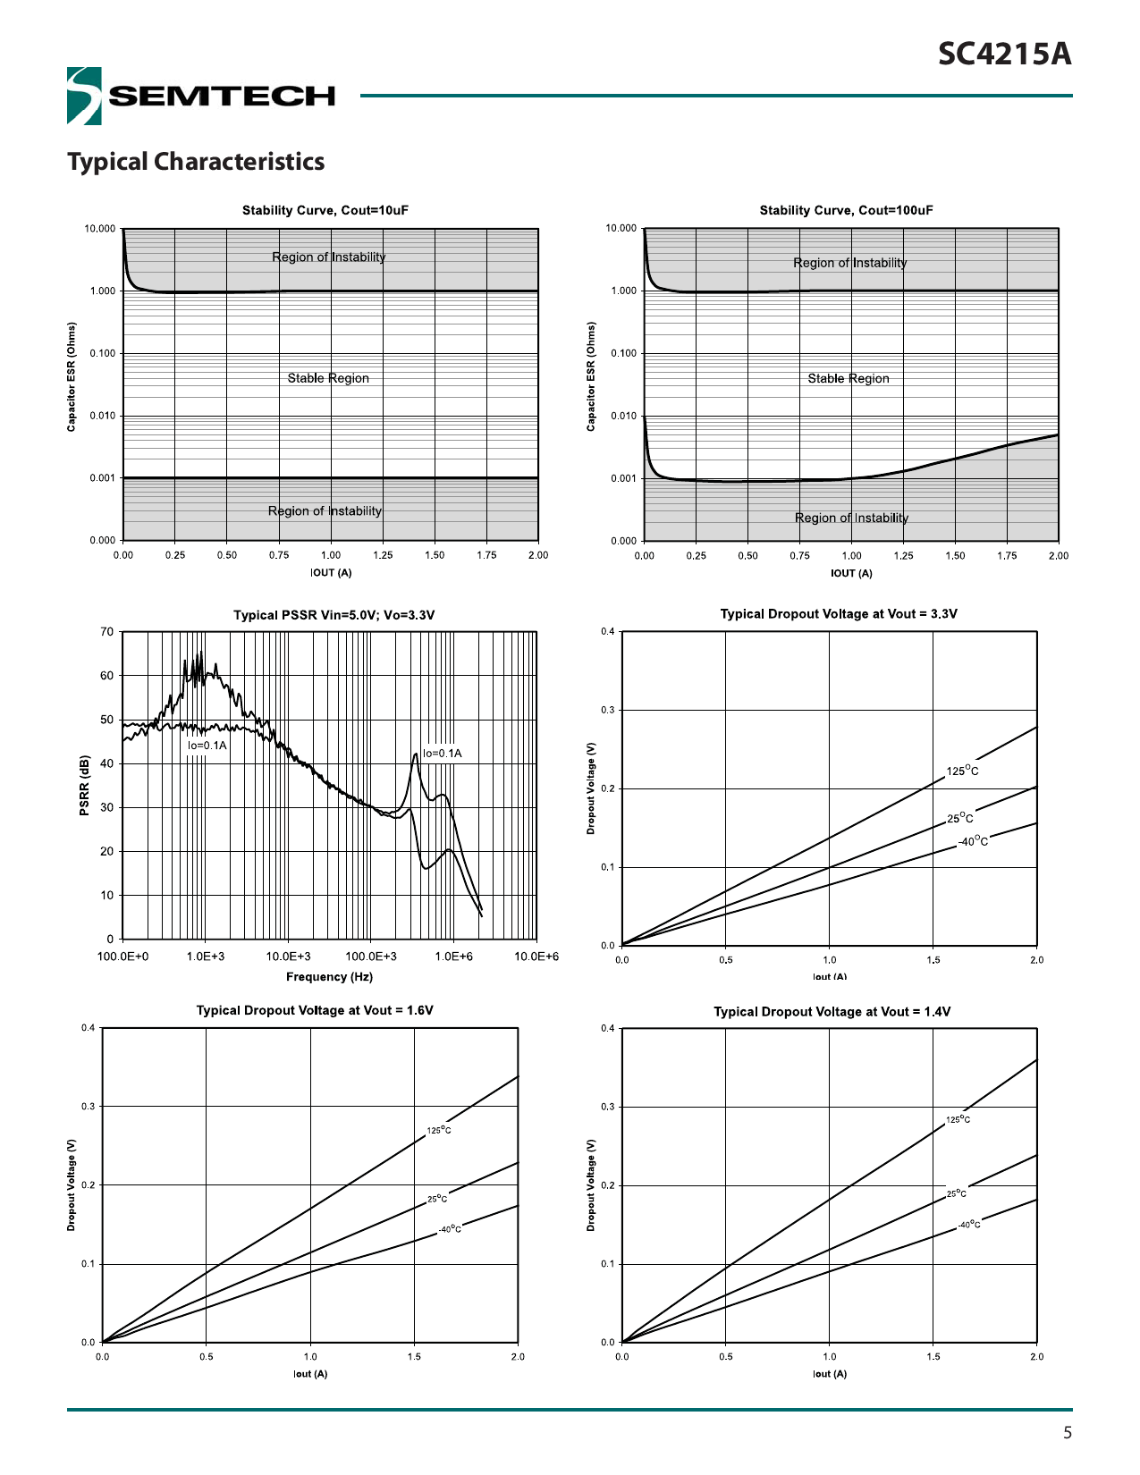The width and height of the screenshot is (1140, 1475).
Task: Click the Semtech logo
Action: tap(200, 96)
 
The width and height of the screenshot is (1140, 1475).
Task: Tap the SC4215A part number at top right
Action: tap(1004, 55)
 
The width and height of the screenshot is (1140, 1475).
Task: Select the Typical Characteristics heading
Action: tap(196, 162)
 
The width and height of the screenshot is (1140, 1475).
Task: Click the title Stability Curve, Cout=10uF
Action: tap(325, 211)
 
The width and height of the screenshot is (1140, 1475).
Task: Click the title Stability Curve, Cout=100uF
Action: tap(846, 211)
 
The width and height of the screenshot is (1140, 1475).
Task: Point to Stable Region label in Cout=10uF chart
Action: tap(328, 378)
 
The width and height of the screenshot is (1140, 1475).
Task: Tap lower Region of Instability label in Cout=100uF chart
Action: tap(851, 518)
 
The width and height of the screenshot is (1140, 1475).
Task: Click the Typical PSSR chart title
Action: tap(334, 615)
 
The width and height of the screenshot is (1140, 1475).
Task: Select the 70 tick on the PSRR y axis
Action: tap(107, 632)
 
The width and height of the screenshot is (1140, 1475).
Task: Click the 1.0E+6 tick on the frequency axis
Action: tap(453, 957)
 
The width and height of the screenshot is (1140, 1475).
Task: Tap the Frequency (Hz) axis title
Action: tap(329, 977)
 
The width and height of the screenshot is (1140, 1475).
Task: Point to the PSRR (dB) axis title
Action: tap(85, 786)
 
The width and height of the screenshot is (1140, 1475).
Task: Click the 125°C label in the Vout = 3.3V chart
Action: tap(962, 771)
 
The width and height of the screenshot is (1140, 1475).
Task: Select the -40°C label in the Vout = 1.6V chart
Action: tap(450, 1229)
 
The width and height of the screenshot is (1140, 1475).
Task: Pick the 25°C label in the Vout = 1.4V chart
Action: tap(956, 1193)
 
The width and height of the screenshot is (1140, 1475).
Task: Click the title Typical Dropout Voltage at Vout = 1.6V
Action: tap(315, 1011)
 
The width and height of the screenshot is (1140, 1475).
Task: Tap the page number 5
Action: tap(1067, 1433)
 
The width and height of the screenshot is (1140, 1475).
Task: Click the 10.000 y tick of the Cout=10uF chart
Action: tap(100, 229)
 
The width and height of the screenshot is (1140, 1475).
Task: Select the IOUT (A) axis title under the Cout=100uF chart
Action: tap(851, 574)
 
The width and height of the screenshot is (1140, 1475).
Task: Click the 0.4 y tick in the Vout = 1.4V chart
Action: tap(608, 1029)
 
